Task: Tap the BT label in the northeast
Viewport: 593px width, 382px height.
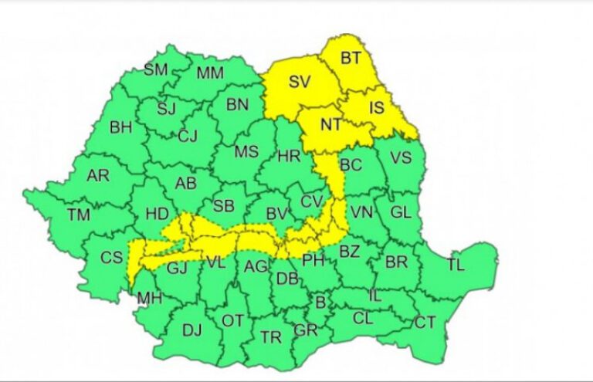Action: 351,57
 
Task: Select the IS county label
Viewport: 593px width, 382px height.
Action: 375,108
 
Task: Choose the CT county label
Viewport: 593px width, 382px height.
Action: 425,323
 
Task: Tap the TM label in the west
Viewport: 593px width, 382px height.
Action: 78,215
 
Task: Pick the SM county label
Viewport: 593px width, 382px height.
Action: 155,70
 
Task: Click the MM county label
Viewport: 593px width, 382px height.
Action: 210,74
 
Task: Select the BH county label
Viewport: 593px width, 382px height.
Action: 120,127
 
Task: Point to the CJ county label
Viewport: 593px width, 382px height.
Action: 188,137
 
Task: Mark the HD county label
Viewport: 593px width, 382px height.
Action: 157,213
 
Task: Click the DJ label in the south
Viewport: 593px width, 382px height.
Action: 191,330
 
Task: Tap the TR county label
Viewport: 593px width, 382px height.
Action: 270,337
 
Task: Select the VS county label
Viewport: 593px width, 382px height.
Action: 400,158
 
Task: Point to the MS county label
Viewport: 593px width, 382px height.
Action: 246,151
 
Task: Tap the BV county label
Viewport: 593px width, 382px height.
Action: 276,213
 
